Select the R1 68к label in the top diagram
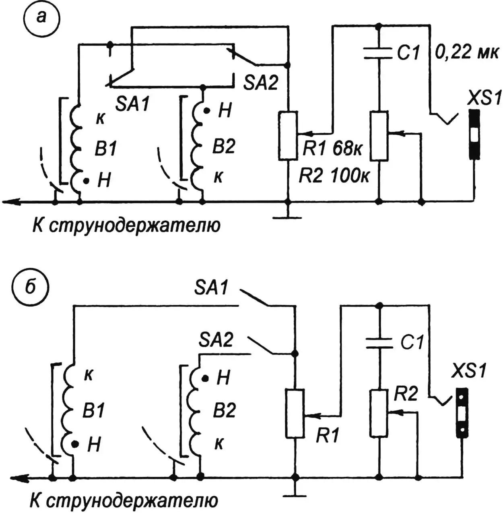pyautogui.click(x=332, y=149)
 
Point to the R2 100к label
pyautogui.click(x=334, y=176)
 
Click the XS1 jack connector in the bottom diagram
pyautogui.click(x=462, y=413)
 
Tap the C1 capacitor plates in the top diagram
pyautogui.click(x=378, y=53)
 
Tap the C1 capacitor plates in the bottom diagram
pyautogui.click(x=378, y=343)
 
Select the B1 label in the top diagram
pyautogui.click(x=105, y=149)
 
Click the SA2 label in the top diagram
pyautogui.click(x=260, y=83)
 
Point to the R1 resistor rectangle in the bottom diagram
pyautogui.click(x=295, y=413)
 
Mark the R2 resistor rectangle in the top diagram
pyautogui.click(x=379, y=136)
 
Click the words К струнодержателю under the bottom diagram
pyautogui.click(x=124, y=501)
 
